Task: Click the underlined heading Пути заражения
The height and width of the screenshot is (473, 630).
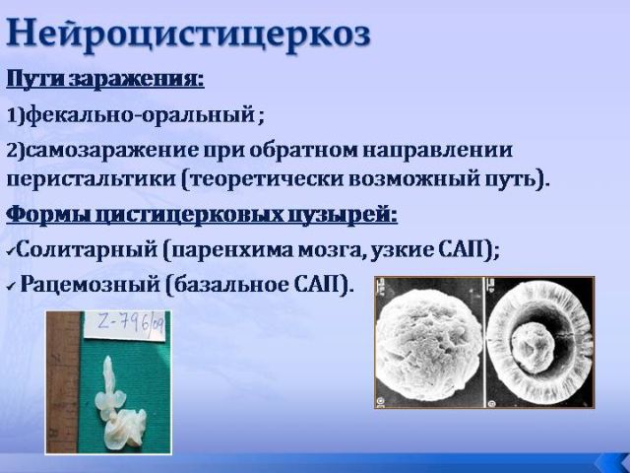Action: (x=105, y=79)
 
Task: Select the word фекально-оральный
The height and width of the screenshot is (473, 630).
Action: (x=141, y=116)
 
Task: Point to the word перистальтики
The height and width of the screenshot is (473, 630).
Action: (x=92, y=179)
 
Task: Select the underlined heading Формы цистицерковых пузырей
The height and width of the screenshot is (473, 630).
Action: (x=202, y=216)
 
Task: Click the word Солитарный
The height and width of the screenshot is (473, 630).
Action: (x=87, y=249)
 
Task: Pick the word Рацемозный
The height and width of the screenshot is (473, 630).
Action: (x=90, y=285)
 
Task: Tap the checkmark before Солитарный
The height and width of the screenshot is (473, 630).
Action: (x=11, y=252)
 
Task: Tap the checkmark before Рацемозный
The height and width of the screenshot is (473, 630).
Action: (x=12, y=287)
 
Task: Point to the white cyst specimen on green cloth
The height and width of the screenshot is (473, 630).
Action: (x=119, y=404)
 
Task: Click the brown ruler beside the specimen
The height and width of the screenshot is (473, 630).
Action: (x=62, y=382)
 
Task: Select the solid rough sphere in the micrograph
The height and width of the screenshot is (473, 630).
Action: (x=429, y=344)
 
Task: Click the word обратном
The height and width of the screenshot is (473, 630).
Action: (x=304, y=151)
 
